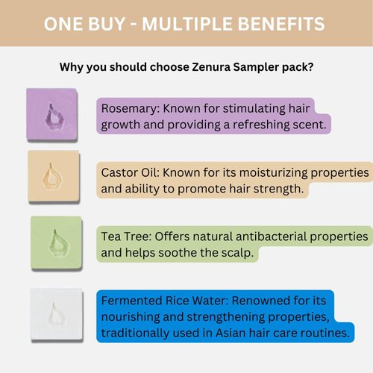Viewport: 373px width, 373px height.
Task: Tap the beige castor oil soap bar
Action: click(51, 178)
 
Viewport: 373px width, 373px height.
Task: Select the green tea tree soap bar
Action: click(57, 241)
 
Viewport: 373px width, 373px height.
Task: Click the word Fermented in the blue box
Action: click(134, 301)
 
